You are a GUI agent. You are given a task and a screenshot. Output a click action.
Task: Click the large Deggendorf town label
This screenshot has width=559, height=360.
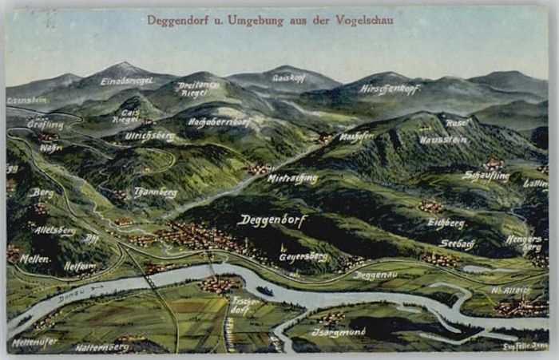pyautogui.click(x=272, y=220)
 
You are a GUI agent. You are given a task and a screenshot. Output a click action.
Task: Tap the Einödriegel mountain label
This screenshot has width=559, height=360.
pyautogui.click(x=127, y=81)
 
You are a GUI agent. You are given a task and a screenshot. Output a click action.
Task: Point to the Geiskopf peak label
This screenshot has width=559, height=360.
pyautogui.click(x=289, y=78)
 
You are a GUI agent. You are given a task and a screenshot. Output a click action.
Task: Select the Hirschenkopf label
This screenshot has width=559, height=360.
pyautogui.click(x=390, y=89)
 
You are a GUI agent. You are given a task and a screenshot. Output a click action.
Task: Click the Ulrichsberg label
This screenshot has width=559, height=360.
pyautogui.click(x=149, y=136)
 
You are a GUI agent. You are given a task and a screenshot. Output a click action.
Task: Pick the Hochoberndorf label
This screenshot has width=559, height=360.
pyautogui.click(x=220, y=122)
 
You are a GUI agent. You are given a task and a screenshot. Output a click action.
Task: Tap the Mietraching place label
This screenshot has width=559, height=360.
pyautogui.click(x=292, y=179)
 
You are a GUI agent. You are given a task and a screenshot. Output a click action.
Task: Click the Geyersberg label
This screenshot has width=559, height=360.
pyautogui.click(x=303, y=257)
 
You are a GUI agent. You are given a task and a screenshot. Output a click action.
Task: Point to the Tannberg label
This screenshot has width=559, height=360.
pyautogui.click(x=156, y=192)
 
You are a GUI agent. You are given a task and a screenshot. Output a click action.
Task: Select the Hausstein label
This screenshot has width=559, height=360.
pyautogui.click(x=444, y=140)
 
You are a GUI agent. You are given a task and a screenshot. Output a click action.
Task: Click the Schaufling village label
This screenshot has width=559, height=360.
pyautogui.click(x=486, y=176)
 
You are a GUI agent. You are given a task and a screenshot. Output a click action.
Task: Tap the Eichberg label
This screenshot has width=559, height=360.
pyautogui.click(x=446, y=224)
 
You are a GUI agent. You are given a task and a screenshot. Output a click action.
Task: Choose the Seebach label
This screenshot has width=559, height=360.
pyautogui.click(x=458, y=243)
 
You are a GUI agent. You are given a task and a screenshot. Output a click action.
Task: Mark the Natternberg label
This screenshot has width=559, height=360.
pyautogui.click(x=102, y=348)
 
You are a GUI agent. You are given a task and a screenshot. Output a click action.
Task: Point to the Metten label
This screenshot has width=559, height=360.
pyautogui.click(x=34, y=259)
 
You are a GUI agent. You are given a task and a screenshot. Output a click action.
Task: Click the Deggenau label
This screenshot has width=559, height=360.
pyautogui.click(x=375, y=275)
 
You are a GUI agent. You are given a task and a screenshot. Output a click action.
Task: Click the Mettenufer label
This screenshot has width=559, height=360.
pyautogui.click(x=34, y=341)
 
